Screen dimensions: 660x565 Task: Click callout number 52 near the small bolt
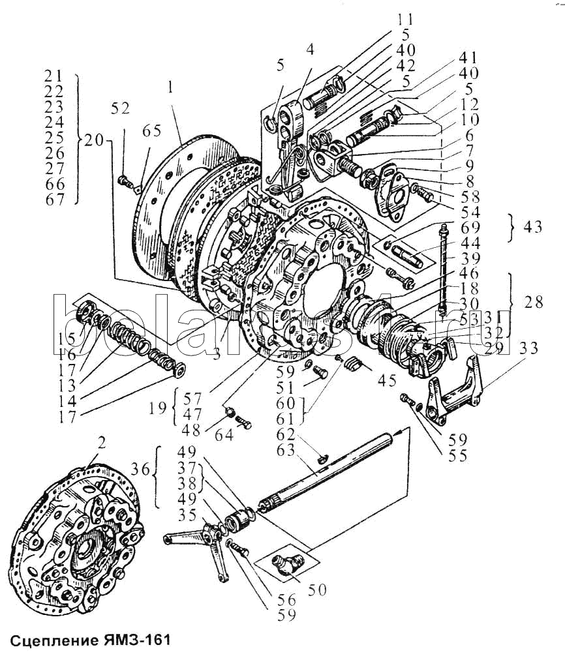[121, 110]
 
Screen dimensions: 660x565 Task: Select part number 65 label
[151, 130]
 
